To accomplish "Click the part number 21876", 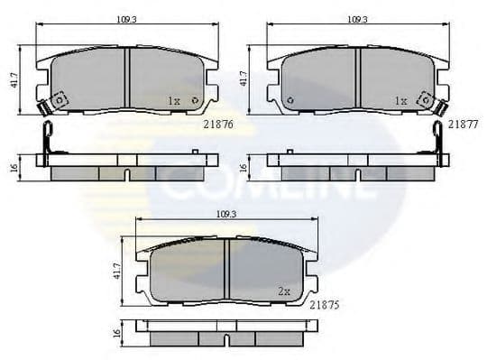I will pos(216,127).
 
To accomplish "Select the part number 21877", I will pos(463,127).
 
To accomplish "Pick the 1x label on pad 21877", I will pos(401,102).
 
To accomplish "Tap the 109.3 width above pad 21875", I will pos(226,213).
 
